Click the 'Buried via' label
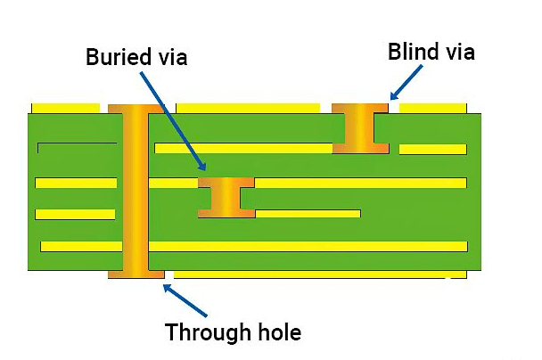click(136, 57)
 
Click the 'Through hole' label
click(234, 333)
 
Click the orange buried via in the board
click(226, 196)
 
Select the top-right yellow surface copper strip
click(432, 108)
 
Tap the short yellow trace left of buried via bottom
click(75, 214)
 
